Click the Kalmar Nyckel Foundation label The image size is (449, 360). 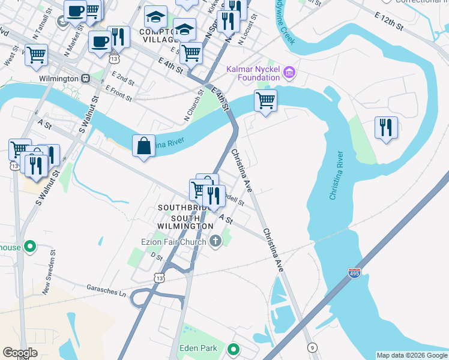pyautogui.click(x=253, y=73)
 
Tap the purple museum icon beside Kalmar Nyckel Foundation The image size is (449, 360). pyautogui.click(x=289, y=73)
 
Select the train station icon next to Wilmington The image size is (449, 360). pyautogui.click(x=86, y=79)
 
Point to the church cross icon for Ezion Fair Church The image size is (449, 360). pyautogui.click(x=215, y=241)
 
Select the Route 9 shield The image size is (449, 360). pyautogui.click(x=312, y=347)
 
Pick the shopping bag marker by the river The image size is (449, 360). pyautogui.click(x=143, y=146)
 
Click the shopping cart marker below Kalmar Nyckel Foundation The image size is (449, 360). pyautogui.click(x=265, y=100)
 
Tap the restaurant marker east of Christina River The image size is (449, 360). pyautogui.click(x=386, y=127)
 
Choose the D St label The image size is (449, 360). pyautogui.click(x=157, y=256)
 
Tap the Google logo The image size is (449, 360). pyautogui.click(x=20, y=353)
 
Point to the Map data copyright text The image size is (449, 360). pyautogui.click(x=412, y=355)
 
